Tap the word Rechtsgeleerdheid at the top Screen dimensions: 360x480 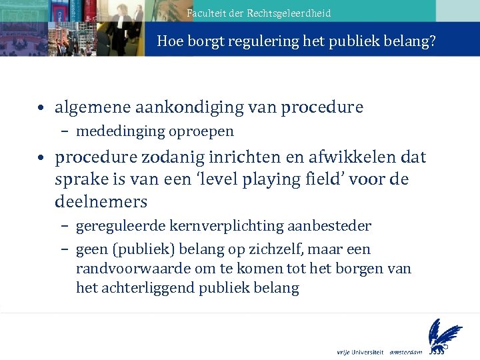click(289, 13)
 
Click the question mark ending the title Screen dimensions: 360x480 click(433, 41)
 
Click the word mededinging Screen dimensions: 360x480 click(114, 131)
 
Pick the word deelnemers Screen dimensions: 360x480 click(101, 201)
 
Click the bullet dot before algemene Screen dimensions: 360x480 click(42, 107)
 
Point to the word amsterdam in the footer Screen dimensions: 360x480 click(407, 351)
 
